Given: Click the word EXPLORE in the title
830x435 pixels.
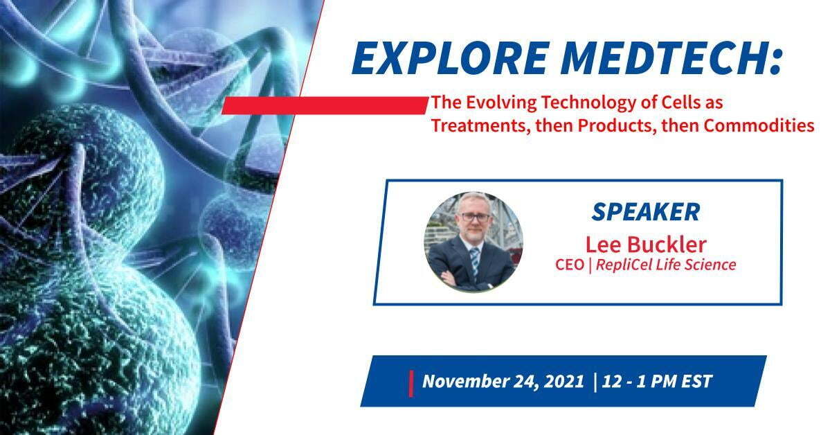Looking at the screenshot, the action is click(x=451, y=58).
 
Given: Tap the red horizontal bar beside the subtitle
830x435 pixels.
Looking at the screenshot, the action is click(x=325, y=105).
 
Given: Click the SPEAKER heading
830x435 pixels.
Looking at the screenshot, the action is click(x=646, y=212).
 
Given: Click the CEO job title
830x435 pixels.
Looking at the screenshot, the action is click(x=570, y=265).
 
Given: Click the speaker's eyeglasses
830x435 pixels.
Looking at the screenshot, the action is click(x=475, y=217).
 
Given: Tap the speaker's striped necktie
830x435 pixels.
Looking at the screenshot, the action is click(x=474, y=260).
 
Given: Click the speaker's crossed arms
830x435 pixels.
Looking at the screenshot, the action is click(x=466, y=281).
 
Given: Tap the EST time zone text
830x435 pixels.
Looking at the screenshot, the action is click(x=697, y=381).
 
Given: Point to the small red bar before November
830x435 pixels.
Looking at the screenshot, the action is click(x=411, y=384).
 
